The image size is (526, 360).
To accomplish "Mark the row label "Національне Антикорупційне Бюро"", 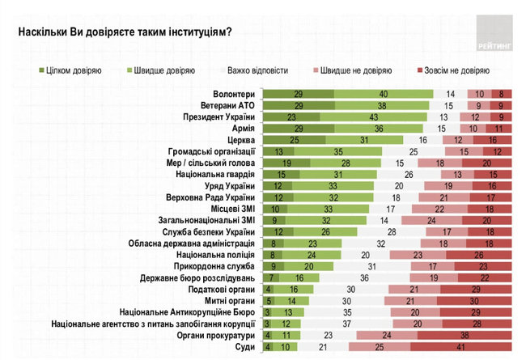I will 188,311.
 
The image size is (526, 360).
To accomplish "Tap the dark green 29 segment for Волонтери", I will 299,93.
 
